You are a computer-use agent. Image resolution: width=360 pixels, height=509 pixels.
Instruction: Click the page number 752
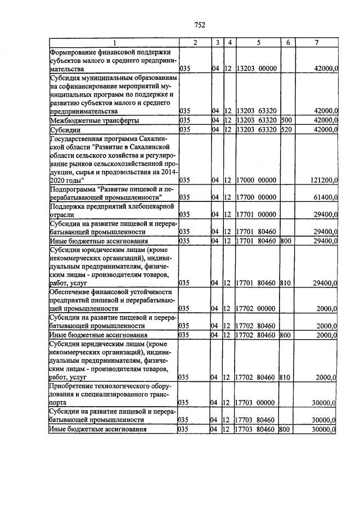pyautogui.click(x=199, y=24)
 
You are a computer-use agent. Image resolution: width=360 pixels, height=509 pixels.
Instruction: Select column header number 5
pyautogui.click(x=258, y=43)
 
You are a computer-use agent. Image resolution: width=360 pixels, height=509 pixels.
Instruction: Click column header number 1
pyautogui.click(x=114, y=43)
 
